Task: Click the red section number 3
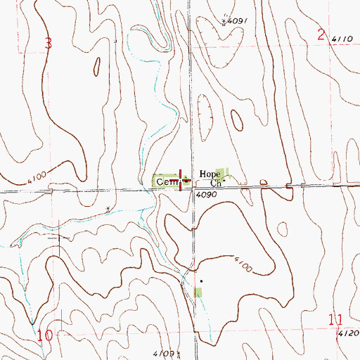tap(48, 44)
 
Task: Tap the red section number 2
tap(321, 34)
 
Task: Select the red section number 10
tap(45, 336)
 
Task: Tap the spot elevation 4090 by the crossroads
tap(205, 194)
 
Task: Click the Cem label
tap(167, 181)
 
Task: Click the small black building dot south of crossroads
tap(200, 281)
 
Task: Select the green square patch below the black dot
tap(198, 291)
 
